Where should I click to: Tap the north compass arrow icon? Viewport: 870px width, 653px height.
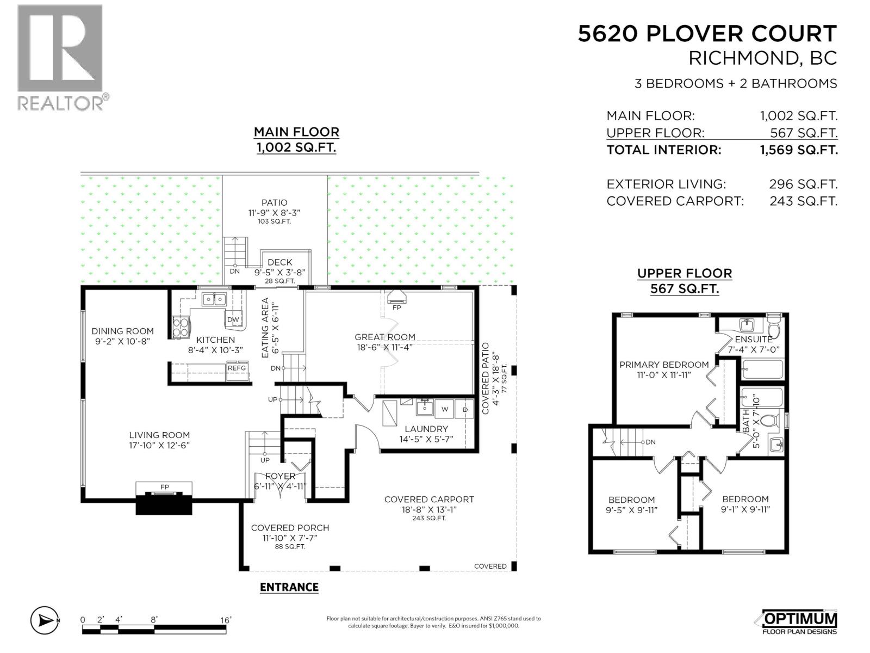[45, 620]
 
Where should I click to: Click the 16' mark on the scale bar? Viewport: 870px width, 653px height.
[226, 620]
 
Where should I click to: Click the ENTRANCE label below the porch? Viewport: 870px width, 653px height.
[289, 587]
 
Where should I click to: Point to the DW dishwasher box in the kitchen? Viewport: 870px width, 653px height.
[233, 320]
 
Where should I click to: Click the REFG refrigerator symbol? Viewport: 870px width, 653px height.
[237, 368]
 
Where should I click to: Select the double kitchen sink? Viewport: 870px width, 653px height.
[214, 299]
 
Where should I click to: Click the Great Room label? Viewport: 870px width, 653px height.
[385, 337]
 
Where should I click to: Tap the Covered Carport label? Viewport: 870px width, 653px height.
[429, 500]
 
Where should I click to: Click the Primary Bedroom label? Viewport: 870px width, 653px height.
[664, 365]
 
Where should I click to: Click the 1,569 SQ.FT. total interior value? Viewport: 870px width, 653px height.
[799, 150]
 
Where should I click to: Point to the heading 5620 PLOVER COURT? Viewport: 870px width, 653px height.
[707, 34]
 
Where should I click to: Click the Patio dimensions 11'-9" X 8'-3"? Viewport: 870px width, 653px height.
[274, 212]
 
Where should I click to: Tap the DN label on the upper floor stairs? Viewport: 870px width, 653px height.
[650, 442]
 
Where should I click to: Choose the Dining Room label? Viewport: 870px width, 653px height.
[122, 331]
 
